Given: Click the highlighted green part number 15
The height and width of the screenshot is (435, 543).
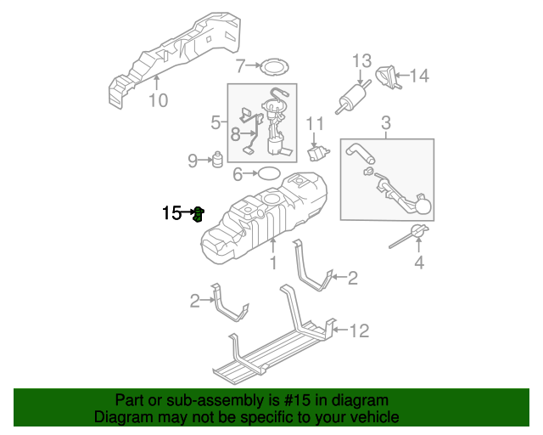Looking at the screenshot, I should coord(198,213).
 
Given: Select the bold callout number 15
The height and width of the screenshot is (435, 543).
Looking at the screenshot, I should coord(171,213).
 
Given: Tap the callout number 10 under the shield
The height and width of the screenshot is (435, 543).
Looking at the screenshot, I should coord(158,101).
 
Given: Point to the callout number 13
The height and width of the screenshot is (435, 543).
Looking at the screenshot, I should coord(362,60).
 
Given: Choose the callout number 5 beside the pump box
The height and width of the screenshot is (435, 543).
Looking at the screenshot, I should coord(216,124).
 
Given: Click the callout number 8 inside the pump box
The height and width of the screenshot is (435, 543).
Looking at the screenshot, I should coord(235,133).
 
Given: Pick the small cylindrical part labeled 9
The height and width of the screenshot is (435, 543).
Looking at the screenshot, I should coord(216,160).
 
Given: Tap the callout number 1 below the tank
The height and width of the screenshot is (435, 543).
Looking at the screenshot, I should coord(273,264).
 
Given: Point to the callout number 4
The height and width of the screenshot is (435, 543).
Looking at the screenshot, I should coord(418,263).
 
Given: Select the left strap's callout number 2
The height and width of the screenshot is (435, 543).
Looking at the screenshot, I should coord(194,300).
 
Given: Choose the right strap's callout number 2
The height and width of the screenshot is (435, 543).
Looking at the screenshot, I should coord(352,277).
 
